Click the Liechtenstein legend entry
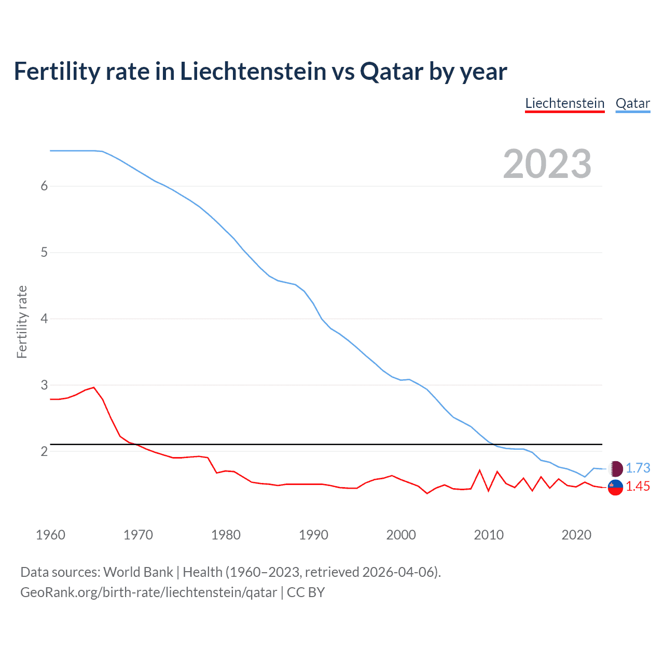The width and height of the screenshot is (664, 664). (x=564, y=103)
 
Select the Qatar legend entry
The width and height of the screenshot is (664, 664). (x=632, y=103)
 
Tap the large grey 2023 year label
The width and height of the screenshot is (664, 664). (x=547, y=164)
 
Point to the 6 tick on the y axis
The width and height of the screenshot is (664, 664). (x=44, y=186)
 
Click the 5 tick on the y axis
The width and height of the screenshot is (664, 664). (x=44, y=253)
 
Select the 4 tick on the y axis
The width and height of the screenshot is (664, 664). (x=44, y=319)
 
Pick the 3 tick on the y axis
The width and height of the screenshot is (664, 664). (x=44, y=385)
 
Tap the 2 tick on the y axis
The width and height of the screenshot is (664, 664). (x=44, y=451)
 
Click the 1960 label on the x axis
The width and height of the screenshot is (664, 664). (x=50, y=535)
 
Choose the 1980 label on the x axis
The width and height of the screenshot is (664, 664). (x=226, y=535)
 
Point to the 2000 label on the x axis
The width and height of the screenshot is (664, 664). (x=401, y=535)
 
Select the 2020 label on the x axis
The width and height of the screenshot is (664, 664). (x=576, y=535)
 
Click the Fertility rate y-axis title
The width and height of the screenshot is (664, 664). (x=22, y=322)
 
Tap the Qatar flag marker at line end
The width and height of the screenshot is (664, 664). (x=615, y=468)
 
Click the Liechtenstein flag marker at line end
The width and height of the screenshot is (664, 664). (x=615, y=487)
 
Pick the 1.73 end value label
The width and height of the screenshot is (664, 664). (x=638, y=468)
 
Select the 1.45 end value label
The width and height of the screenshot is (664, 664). (x=638, y=487)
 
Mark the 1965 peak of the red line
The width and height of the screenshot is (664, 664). (x=94, y=387)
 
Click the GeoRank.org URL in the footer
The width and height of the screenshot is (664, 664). (x=148, y=592)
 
